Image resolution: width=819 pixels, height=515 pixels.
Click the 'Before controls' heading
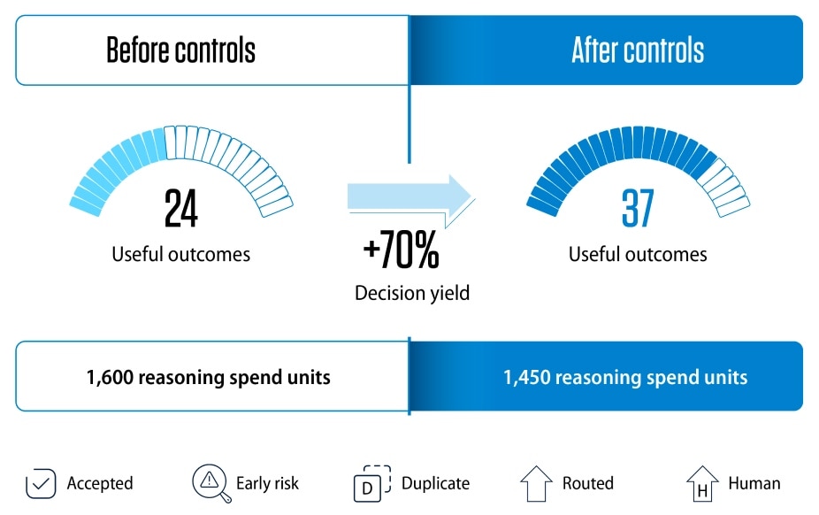click(180, 50)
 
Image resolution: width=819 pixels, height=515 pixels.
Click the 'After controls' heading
click(638, 50)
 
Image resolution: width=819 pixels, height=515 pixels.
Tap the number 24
click(180, 208)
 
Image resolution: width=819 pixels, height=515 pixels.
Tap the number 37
click(638, 208)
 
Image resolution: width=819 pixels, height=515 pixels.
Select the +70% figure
click(402, 250)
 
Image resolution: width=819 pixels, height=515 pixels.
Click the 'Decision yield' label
click(412, 293)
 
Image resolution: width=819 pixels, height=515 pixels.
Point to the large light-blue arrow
click(411, 201)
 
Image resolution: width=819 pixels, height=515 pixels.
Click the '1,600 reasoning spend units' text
click(209, 377)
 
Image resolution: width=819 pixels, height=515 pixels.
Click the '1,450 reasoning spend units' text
click(625, 377)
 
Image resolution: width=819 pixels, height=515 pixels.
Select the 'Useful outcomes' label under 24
click(180, 254)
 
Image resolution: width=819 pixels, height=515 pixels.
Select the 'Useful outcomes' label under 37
click(638, 254)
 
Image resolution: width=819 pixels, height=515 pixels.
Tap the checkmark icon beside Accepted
click(41, 484)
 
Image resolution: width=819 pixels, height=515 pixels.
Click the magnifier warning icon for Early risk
click(211, 483)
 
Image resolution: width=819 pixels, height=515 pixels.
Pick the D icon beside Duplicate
click(371, 483)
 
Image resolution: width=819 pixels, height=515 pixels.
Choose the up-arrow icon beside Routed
click(537, 484)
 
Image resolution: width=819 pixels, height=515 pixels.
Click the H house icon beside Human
click(702, 484)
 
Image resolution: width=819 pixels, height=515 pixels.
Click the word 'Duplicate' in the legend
click(436, 483)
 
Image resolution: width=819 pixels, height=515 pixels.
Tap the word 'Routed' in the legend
click(588, 483)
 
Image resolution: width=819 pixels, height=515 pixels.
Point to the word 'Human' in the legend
click(754, 483)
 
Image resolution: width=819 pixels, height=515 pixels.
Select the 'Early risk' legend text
click(267, 483)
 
